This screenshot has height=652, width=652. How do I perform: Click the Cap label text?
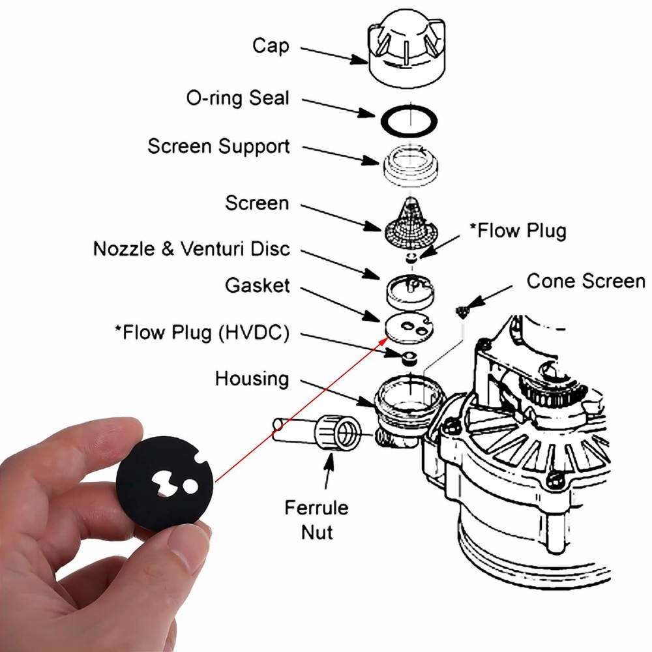(271, 46)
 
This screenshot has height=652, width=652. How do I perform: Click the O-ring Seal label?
(237, 99)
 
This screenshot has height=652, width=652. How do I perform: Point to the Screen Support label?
(218, 146)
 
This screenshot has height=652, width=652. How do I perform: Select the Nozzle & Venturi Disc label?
(192, 249)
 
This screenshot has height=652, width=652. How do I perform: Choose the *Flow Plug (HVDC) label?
(201, 333)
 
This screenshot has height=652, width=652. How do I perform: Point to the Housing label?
(252, 379)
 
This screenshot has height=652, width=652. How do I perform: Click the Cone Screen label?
(585, 281)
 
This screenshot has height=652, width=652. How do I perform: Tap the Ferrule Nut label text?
(316, 519)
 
